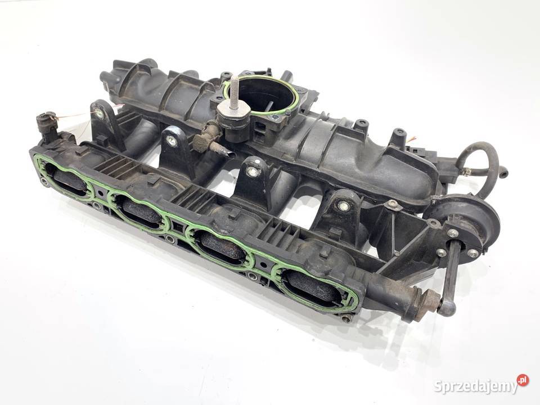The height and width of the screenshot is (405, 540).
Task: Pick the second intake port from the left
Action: [142, 212]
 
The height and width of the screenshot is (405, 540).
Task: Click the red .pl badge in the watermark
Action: [523, 380]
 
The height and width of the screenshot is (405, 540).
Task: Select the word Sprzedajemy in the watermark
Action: [476, 386]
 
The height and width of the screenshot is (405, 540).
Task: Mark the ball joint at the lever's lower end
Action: [447, 307]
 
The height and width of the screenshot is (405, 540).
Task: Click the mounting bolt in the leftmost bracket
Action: [100, 114]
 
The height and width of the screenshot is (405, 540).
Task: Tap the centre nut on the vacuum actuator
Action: [452, 233]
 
